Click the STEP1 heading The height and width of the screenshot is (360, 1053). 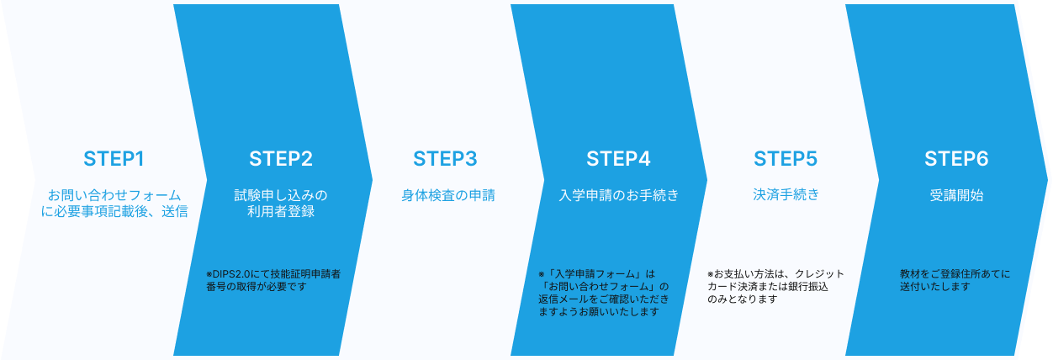[114, 159]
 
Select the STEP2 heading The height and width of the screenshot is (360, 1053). [281, 159]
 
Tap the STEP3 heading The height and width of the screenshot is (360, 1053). [445, 159]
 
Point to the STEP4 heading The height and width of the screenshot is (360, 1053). [618, 159]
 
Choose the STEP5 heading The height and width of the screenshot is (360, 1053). [786, 159]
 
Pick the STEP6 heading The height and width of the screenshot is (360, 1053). [956, 159]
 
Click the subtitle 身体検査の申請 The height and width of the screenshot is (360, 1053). [448, 195]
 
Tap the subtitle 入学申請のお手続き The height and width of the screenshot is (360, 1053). [619, 195]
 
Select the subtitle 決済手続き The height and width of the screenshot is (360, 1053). [786, 194]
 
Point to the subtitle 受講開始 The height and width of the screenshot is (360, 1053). [956, 195]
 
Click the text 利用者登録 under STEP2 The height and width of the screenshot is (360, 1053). [281, 211]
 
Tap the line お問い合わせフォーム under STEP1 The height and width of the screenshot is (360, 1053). [114, 195]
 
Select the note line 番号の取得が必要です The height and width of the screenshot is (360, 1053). [257, 286]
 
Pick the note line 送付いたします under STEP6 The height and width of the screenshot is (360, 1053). [935, 286]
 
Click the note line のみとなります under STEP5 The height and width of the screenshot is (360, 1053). [743, 299]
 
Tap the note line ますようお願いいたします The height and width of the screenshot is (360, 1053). [599, 311]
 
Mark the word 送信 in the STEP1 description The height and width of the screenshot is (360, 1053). [174, 211]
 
